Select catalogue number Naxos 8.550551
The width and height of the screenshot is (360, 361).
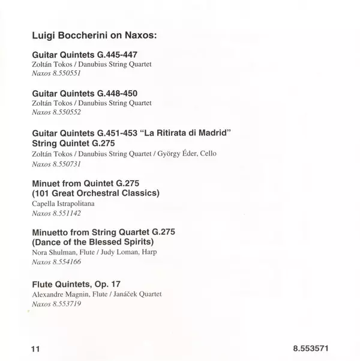point(56,73)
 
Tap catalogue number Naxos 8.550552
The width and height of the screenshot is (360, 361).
point(56,112)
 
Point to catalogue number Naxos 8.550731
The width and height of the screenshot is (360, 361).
point(56,163)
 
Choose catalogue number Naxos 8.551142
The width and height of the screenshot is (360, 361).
point(56,213)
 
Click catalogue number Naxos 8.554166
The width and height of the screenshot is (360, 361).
point(56,263)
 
